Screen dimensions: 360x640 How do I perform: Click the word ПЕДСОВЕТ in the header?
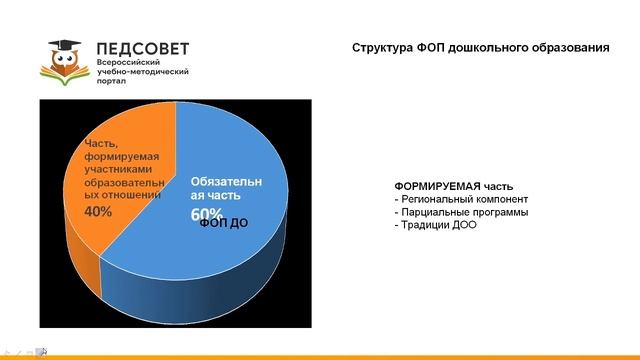(141, 46)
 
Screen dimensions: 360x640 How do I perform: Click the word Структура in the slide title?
(383, 47)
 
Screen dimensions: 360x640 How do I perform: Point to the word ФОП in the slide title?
(432, 47)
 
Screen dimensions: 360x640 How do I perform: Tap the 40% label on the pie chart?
(98, 212)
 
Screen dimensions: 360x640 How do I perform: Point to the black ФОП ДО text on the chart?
(223, 222)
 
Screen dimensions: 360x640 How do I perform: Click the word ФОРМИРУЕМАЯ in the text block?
(438, 185)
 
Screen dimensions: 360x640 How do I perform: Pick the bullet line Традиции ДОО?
(436, 225)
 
